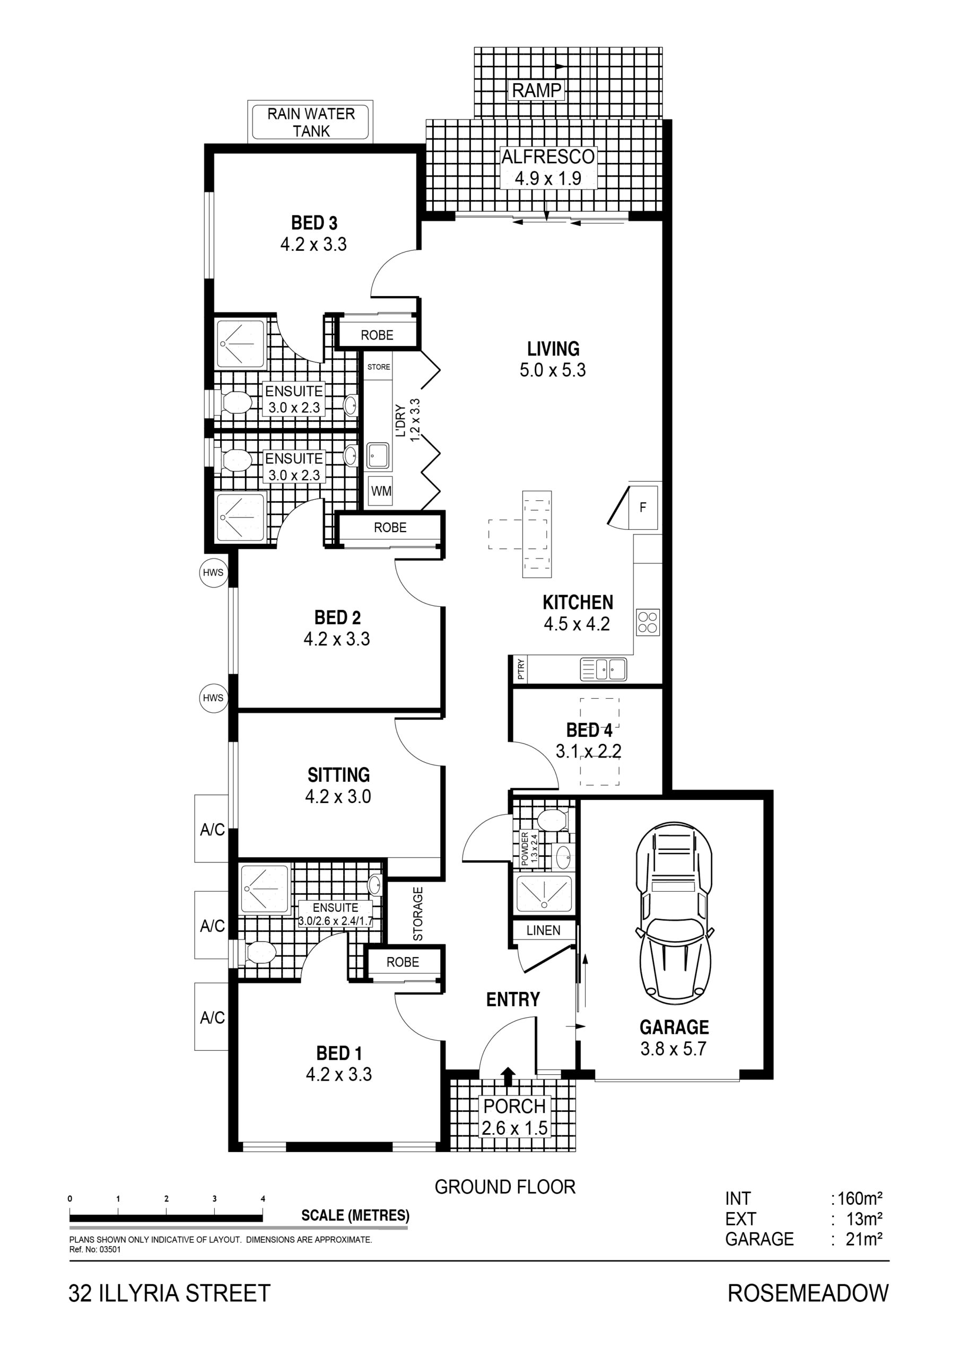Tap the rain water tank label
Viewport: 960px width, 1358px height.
[x=311, y=122]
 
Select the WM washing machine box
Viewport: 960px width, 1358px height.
[x=380, y=491]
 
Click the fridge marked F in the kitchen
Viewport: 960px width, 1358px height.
[x=643, y=507]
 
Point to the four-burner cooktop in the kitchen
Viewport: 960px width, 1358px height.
[x=648, y=622]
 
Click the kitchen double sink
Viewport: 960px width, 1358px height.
[x=604, y=669]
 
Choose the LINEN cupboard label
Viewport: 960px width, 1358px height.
[x=543, y=930]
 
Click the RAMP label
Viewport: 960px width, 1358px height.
[x=537, y=91]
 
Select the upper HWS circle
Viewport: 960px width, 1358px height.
[x=213, y=572]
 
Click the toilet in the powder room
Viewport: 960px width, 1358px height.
[x=553, y=820]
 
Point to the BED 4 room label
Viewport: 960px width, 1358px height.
[x=589, y=730]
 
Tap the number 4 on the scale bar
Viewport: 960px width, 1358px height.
[x=263, y=1199]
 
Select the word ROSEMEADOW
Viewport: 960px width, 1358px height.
[x=808, y=1293]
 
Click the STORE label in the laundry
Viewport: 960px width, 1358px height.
[x=379, y=367]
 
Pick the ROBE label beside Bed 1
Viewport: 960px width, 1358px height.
[x=402, y=962]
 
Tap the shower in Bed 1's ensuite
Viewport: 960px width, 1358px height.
[x=265, y=889]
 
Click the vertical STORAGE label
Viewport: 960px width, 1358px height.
[x=418, y=914]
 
